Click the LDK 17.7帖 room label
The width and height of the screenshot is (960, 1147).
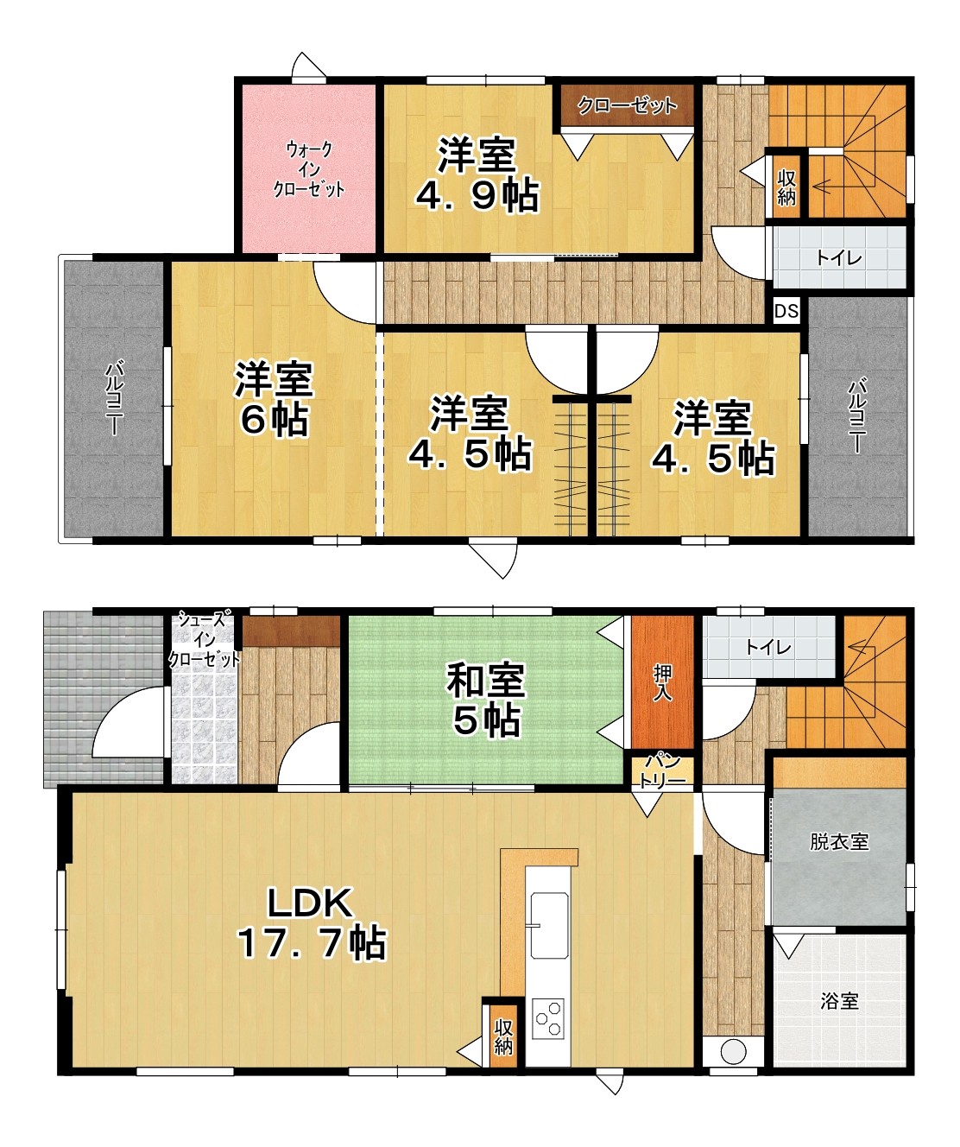pos(312,923)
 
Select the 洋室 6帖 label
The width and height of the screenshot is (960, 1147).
pos(274,397)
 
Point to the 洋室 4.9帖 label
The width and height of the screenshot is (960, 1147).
pos(477,175)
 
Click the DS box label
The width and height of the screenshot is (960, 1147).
pos(786,312)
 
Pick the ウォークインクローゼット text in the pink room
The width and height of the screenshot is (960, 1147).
pos(309,169)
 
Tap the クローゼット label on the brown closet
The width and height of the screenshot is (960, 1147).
pos(627,105)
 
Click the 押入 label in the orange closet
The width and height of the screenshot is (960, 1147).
pos(662,682)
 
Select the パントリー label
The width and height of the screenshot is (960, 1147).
pos(662,770)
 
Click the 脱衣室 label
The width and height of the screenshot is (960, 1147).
pos(839,841)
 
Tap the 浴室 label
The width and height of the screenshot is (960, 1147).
pos(839,1001)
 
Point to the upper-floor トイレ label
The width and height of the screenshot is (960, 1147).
pos(838,257)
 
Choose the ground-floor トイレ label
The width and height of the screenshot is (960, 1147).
pos(767,647)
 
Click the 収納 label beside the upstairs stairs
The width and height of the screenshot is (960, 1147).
pos(786,187)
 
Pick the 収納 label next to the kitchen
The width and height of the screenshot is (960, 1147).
pos(503,1037)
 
